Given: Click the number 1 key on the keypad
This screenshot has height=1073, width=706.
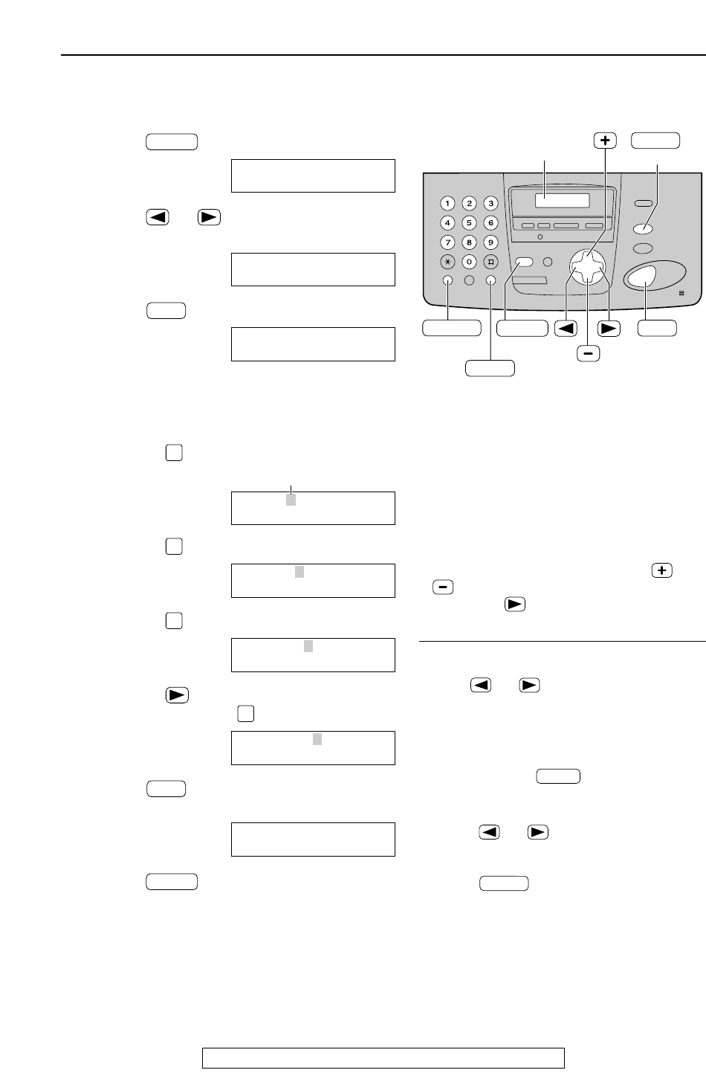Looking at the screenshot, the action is (x=447, y=203).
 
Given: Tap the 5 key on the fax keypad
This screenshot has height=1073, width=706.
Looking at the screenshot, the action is (x=469, y=222).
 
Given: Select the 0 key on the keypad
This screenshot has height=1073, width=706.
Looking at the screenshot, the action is (x=469, y=262).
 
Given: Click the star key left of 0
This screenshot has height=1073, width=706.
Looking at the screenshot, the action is (x=447, y=262).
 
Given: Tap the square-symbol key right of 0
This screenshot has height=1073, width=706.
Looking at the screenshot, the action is (x=490, y=262).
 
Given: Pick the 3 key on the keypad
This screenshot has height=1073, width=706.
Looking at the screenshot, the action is (x=490, y=203).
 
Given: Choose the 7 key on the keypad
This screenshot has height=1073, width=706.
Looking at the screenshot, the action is (x=447, y=242).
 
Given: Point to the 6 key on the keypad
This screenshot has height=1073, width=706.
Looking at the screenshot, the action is (x=490, y=222).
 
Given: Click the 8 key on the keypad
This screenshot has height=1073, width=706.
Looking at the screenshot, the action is (x=469, y=242).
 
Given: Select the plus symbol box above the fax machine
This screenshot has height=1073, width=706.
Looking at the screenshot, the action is (x=606, y=141).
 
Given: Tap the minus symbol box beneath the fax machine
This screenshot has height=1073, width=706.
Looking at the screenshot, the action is (x=589, y=354).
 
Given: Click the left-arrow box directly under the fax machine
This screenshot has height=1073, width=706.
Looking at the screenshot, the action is (x=566, y=328).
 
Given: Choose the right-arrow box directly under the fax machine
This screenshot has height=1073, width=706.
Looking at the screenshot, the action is (x=609, y=328).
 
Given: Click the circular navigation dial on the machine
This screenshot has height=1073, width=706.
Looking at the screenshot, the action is (x=587, y=267).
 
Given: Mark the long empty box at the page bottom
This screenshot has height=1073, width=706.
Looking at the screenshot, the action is (x=383, y=1057).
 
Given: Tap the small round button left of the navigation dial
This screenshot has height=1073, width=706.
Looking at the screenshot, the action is (x=549, y=262).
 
